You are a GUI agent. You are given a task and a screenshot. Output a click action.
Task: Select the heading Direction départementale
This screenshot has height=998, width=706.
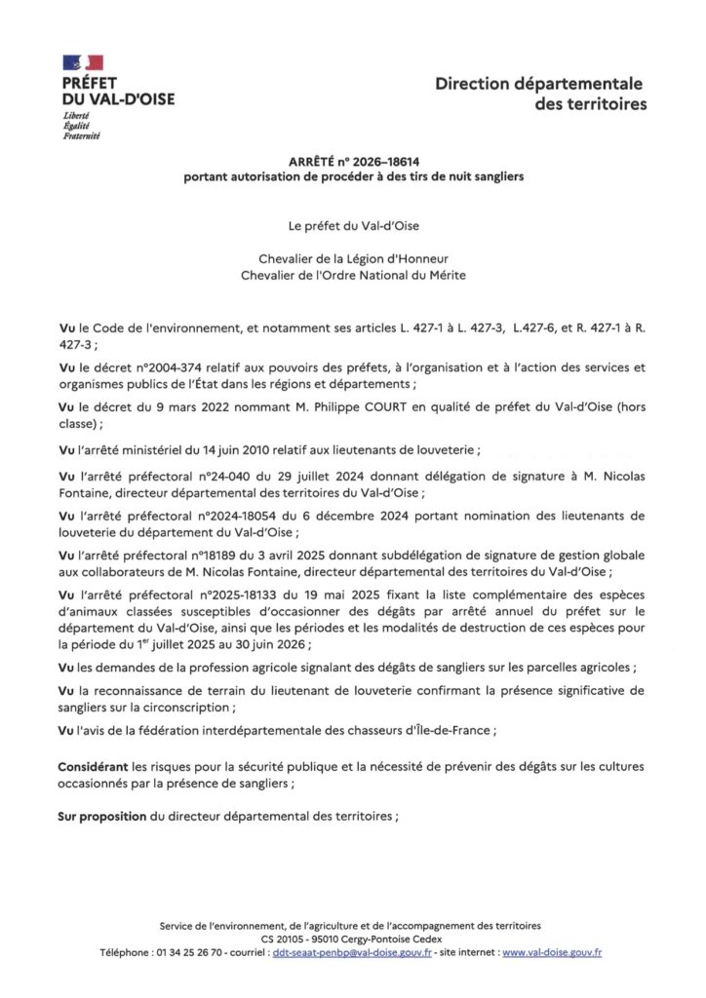tap(540, 86)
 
